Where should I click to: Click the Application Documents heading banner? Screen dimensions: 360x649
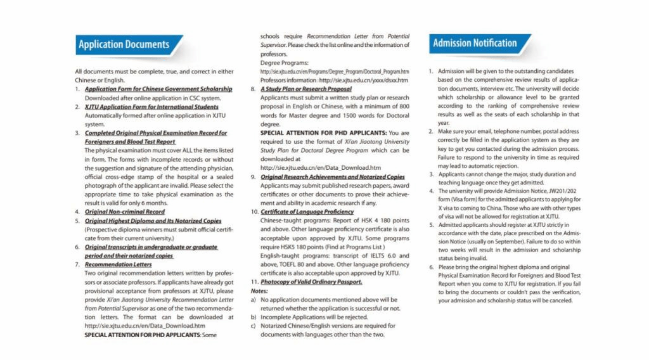click(x=124, y=44)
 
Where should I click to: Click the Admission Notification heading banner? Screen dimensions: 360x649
click(x=475, y=43)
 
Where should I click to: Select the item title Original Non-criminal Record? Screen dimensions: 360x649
click(x=125, y=212)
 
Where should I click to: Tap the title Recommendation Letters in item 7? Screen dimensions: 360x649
click(x=119, y=264)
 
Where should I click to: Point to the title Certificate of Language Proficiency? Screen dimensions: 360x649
click(x=307, y=211)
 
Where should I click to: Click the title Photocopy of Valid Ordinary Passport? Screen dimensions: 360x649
click(x=311, y=281)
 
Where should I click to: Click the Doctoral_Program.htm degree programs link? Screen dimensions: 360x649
click(x=335, y=72)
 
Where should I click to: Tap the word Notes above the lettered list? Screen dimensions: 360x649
click(x=260, y=290)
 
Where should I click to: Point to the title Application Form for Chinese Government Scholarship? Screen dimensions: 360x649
click(x=158, y=89)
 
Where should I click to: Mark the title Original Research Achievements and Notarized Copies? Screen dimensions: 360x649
click(x=333, y=177)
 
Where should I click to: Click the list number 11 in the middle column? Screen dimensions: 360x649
click(x=254, y=281)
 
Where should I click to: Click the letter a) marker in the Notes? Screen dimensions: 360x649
click(x=254, y=299)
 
